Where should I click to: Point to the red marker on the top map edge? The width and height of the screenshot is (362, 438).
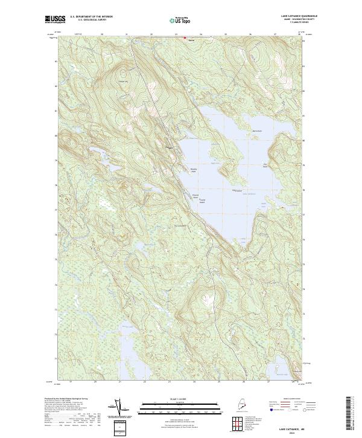[x=185, y=37]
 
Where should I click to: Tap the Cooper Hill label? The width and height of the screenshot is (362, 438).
[x=124, y=83]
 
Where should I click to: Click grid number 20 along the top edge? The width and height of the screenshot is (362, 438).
[x=102, y=34]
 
